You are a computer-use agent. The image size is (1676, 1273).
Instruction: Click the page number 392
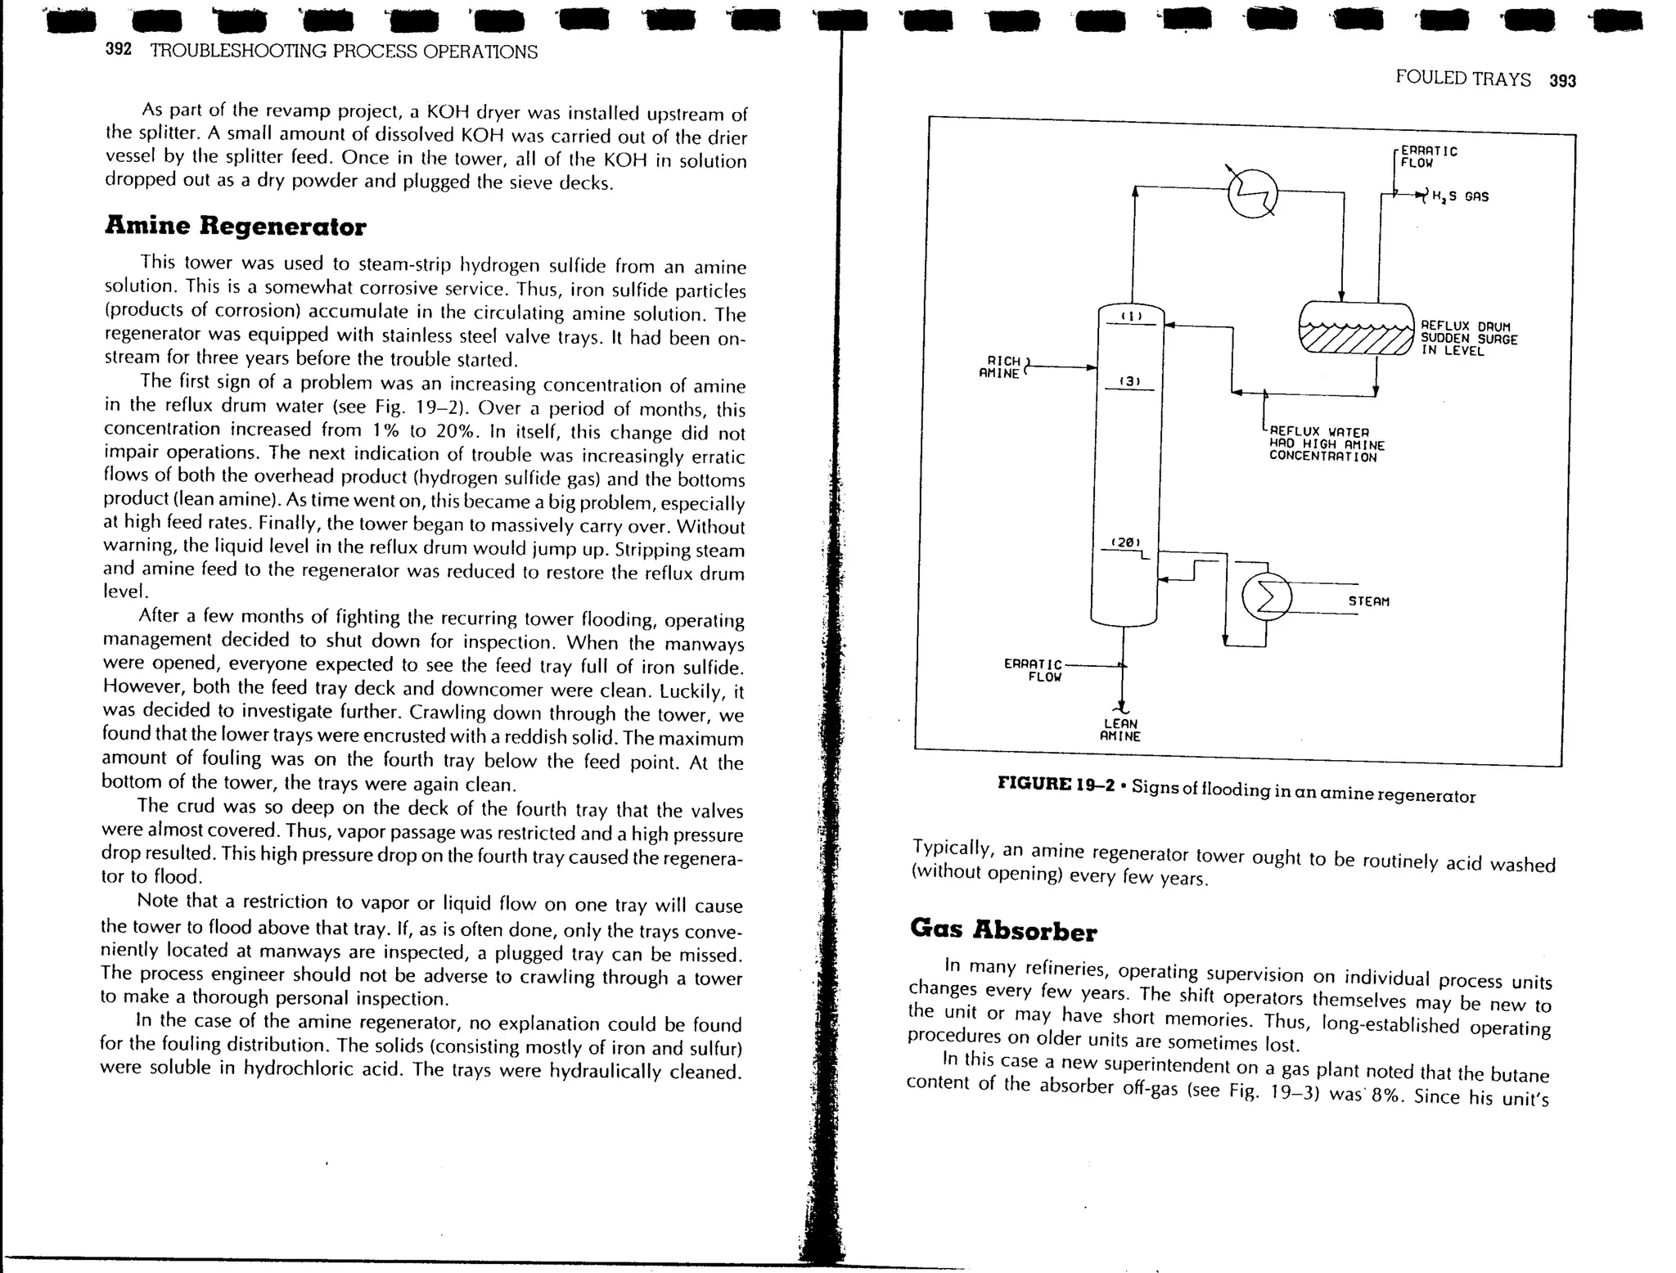119,49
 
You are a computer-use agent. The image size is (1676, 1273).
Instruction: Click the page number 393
1562,80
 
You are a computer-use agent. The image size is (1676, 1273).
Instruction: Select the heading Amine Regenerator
235,226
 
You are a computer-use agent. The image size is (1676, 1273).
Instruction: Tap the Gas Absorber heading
1003,930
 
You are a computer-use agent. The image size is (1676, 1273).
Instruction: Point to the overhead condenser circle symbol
1253,193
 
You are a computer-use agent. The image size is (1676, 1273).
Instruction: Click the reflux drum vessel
1356,329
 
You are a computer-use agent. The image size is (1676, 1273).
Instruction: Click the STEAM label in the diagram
1368,601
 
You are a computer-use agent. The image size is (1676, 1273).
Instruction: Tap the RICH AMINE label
1001,367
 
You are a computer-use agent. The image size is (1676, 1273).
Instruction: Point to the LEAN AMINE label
1120,730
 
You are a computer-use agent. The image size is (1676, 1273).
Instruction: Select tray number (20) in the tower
1125,542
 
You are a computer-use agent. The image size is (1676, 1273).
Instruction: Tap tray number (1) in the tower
1130,316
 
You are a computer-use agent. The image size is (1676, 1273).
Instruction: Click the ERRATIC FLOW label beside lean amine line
1033,671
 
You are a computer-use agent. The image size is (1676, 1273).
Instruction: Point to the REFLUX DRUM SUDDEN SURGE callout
1468,339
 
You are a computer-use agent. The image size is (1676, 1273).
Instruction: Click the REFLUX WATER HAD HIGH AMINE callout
1326,444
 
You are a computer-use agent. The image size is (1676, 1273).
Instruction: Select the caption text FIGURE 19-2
1056,784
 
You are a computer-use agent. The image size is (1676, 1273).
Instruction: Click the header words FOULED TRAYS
1462,79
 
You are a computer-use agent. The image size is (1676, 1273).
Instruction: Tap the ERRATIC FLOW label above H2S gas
1428,156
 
